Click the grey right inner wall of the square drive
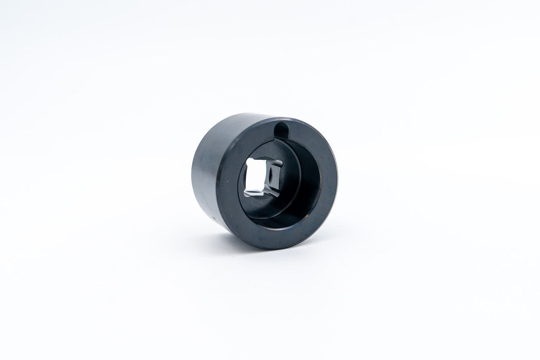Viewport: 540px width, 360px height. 275,177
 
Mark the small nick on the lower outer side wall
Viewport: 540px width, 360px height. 214,218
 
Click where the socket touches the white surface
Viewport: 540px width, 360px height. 257,246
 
